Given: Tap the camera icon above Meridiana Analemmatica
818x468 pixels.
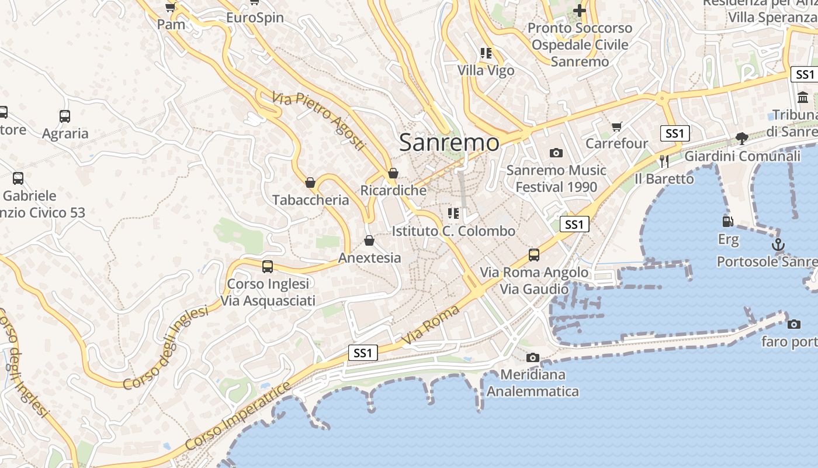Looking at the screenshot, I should [532, 357].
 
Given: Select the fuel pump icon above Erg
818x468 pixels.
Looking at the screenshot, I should [727, 222].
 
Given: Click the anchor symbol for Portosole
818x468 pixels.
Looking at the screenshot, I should [778, 245].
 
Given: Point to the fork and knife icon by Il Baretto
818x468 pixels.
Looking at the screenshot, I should [664, 161].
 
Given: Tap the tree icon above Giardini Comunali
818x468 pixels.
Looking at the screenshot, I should [742, 139].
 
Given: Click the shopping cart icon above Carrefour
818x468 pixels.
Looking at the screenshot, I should [616, 126].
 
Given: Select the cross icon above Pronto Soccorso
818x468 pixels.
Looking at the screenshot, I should [579, 11].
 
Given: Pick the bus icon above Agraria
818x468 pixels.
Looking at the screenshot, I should [65, 116].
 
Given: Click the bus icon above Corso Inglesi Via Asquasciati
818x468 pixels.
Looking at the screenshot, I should [268, 267].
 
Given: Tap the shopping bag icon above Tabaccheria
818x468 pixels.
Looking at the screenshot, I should [310, 183].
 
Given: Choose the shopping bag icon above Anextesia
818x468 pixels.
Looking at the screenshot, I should [369, 240].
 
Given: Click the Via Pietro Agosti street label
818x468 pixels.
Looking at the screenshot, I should [318, 121].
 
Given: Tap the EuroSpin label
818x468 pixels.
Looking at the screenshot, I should [255, 18].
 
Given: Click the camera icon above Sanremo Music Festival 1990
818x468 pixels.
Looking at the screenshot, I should [556, 153].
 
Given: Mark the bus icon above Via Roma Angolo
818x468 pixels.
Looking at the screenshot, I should [533, 255].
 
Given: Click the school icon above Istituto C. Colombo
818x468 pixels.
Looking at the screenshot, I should [453, 214].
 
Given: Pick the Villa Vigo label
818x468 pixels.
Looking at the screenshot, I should [486, 70].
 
